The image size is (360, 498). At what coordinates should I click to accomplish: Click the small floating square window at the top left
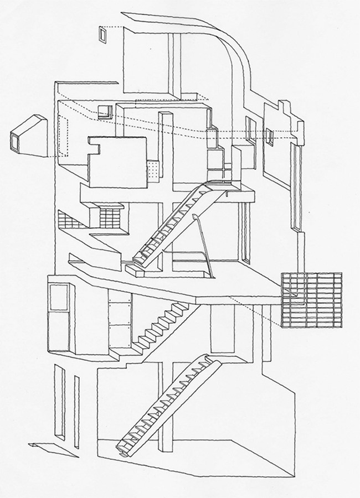click(x=104, y=35)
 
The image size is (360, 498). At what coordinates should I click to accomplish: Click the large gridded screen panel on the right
click(x=311, y=299)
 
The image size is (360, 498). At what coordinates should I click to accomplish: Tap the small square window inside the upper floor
click(x=104, y=111)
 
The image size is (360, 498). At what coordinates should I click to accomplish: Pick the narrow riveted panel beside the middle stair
click(x=119, y=324)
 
